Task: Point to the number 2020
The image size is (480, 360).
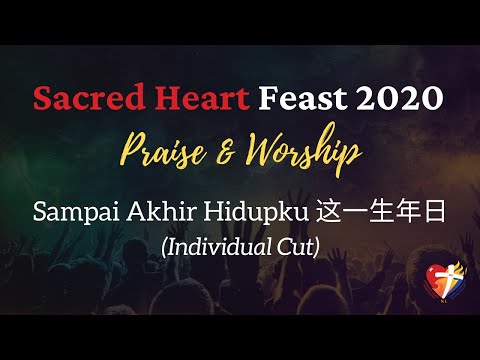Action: coord(394,100)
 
